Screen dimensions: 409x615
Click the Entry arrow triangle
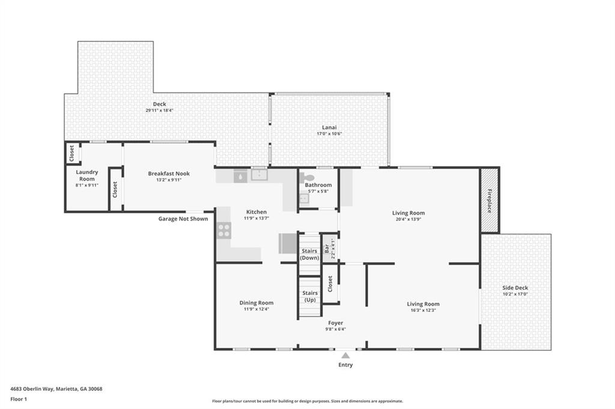[345, 356]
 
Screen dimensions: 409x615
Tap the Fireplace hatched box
[489, 200]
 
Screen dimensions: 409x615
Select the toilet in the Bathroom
[307, 178]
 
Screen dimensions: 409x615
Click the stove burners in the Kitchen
[224, 230]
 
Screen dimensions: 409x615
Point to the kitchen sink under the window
[259, 175]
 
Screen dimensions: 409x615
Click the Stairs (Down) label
[310, 254]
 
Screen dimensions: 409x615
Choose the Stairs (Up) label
[310, 296]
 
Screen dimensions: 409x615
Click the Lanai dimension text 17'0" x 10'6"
[329, 134]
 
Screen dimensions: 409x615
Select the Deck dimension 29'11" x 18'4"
[159, 110]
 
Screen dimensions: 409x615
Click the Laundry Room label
[86, 176]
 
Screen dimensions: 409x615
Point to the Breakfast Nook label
[169, 173]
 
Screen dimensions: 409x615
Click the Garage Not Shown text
[183, 219]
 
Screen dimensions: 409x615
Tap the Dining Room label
[256, 303]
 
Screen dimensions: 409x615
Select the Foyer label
[335, 323]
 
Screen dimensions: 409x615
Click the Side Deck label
[515, 288]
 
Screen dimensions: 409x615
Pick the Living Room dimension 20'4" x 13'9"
[408, 219]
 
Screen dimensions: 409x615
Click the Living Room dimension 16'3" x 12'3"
[423, 310]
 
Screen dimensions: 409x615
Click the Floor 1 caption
[19, 399]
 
